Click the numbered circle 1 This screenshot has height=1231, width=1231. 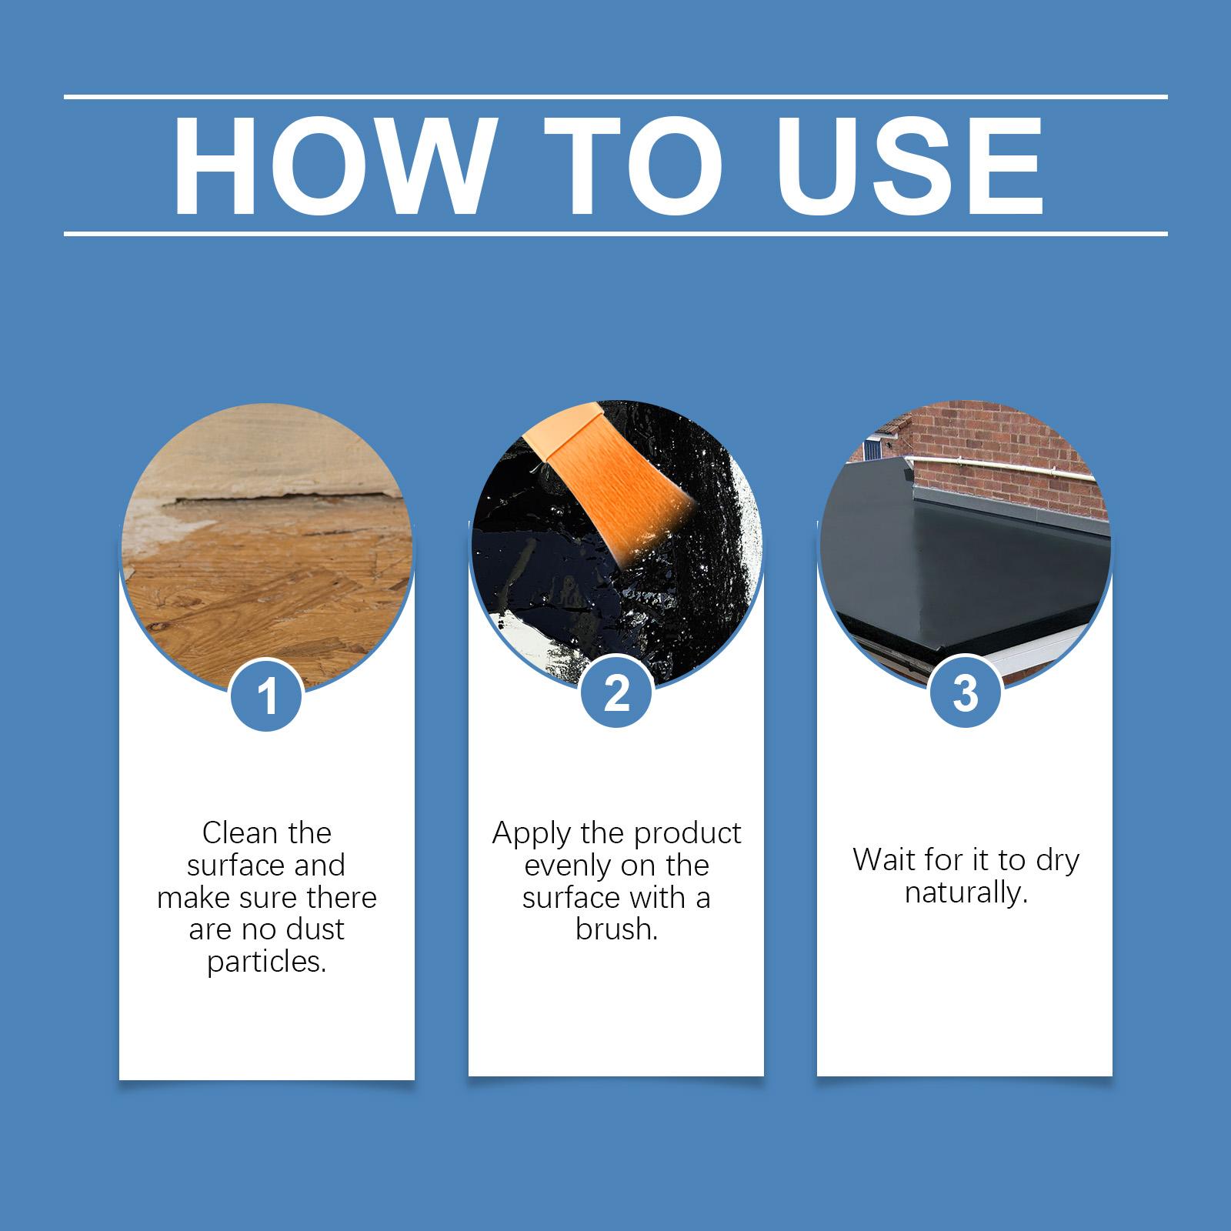tap(267, 696)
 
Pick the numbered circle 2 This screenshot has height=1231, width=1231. tap(616, 692)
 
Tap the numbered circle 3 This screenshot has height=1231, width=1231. tap(966, 691)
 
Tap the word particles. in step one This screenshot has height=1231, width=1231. tap(267, 962)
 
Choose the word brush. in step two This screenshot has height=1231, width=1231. tap(616, 929)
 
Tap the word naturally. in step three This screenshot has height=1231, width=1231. tap(966, 892)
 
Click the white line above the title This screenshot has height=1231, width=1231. tap(615, 97)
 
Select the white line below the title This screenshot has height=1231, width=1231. tap(615, 232)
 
